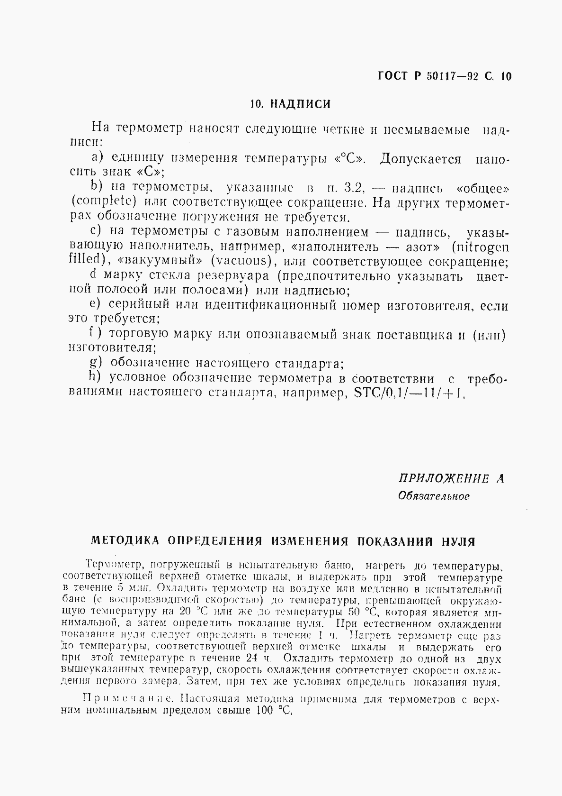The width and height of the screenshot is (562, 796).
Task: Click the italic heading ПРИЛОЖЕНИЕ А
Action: (x=450, y=479)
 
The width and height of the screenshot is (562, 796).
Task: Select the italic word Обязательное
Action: (x=434, y=496)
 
